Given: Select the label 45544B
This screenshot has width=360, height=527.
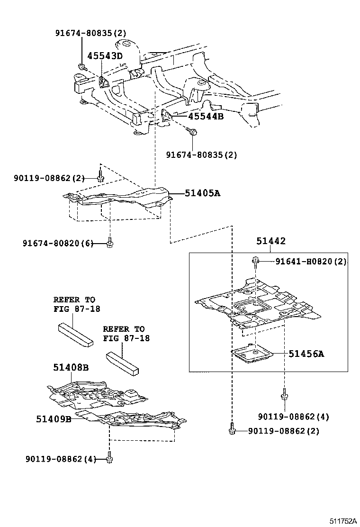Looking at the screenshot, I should click(x=199, y=116).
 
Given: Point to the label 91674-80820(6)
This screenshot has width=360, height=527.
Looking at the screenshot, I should click(x=58, y=243).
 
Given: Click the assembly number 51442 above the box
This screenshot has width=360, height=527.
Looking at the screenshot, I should click(x=271, y=241).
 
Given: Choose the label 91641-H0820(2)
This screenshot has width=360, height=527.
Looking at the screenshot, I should click(x=311, y=262).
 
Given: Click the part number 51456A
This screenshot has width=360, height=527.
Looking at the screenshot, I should click(x=307, y=353).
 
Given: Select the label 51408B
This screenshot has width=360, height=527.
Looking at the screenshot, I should click(x=71, y=368).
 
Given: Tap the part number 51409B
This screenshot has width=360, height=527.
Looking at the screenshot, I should click(x=54, y=419).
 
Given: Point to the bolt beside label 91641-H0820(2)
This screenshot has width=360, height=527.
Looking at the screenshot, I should click(x=255, y=261).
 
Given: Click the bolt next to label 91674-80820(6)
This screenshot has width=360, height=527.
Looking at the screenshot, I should click(x=110, y=243).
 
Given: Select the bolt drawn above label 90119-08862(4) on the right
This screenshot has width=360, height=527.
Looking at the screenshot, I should click(x=285, y=394).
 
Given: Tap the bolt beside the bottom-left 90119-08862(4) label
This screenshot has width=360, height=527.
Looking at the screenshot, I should click(x=110, y=458).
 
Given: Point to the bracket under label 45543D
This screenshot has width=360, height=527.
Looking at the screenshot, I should click(x=104, y=82).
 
